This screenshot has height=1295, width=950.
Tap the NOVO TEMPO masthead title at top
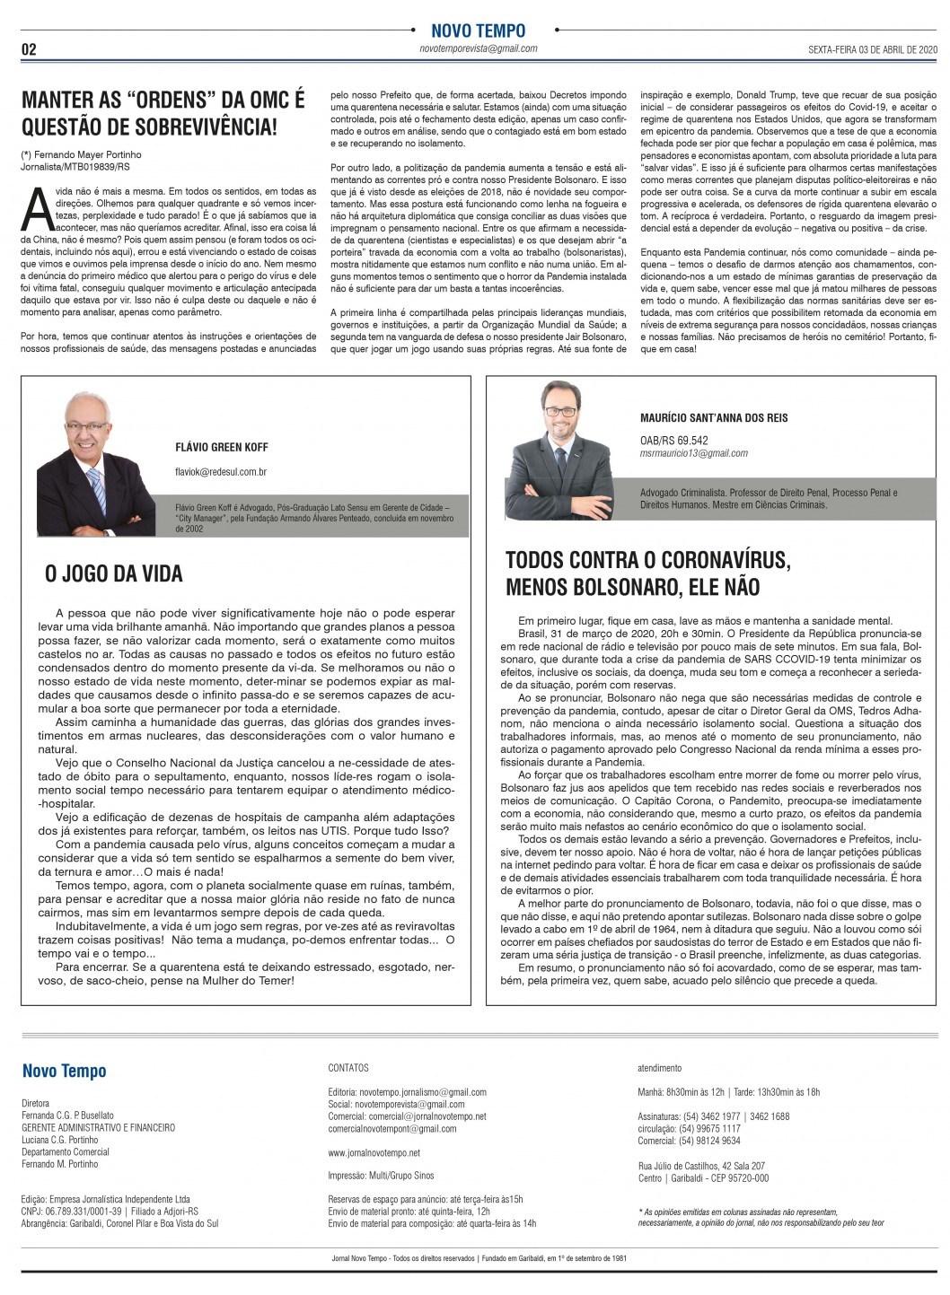click(478, 31)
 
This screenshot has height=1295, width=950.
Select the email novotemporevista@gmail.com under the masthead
click(478, 48)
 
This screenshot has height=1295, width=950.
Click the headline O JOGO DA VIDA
click(113, 573)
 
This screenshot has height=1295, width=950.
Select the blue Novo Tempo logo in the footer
click(65, 1071)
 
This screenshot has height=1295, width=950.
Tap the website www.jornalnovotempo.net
click(374, 1152)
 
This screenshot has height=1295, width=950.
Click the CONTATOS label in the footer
click(348, 1069)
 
